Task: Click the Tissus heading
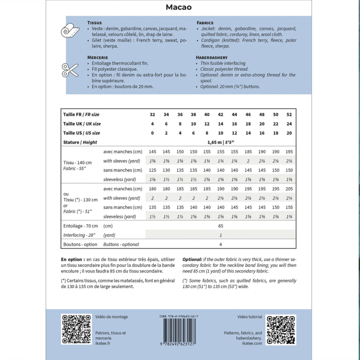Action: (x=94, y=22)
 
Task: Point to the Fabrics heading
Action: (x=205, y=22)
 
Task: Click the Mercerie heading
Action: (x=97, y=58)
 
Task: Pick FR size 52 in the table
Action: (x=288, y=114)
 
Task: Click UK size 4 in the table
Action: (x=153, y=124)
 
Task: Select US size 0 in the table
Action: (x=153, y=133)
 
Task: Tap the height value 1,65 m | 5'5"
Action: (x=220, y=142)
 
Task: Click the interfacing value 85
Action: (x=220, y=226)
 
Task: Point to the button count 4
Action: (x=220, y=244)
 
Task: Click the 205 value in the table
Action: (x=288, y=189)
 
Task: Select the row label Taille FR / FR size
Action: (x=81, y=114)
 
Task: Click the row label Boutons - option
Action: (x=81, y=244)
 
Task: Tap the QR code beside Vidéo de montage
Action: (x=76, y=329)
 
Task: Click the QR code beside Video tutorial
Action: (x=281, y=329)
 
